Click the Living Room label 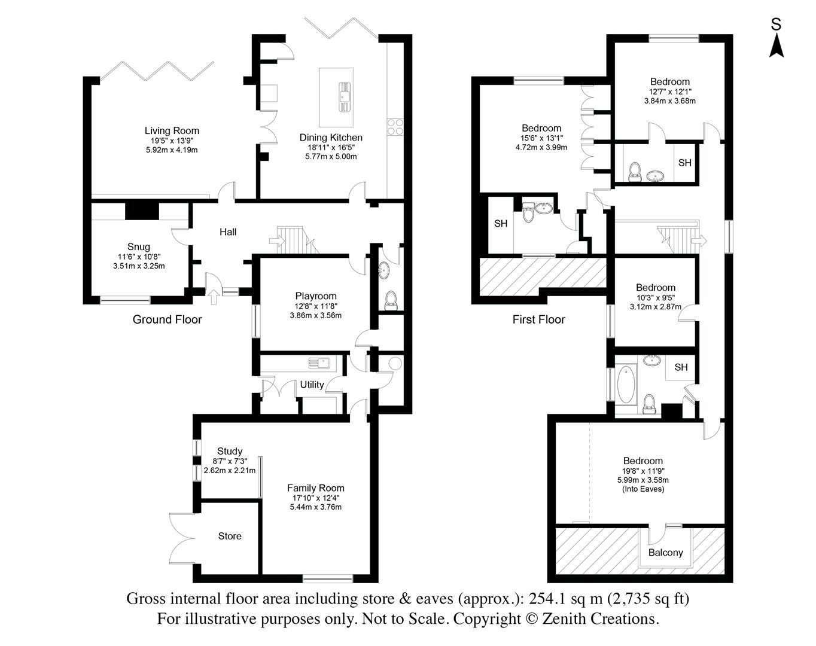[172, 130]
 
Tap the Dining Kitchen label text [331, 138]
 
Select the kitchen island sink [345, 96]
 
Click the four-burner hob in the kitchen [395, 127]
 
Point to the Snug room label [139, 246]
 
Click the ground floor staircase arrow [276, 241]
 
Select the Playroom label [315, 295]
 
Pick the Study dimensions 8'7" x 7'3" [230, 461]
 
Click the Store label [230, 536]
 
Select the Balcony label [666, 552]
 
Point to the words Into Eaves [643, 489]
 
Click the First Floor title [538, 319]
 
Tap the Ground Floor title [167, 319]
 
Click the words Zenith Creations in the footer [600, 618]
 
